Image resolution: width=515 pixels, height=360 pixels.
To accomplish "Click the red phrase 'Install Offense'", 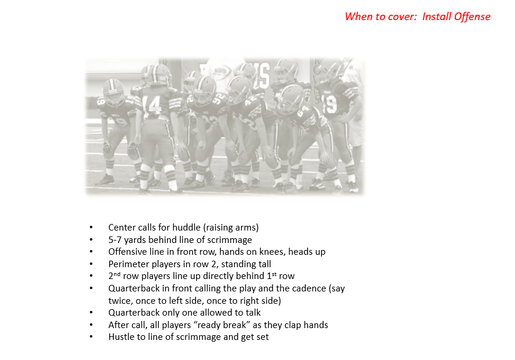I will coord(456,17).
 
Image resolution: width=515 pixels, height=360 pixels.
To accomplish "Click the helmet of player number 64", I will coord(291,96).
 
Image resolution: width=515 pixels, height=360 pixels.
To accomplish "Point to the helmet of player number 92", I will coord(205,87).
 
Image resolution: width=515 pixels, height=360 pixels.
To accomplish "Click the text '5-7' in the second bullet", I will coord(115,239).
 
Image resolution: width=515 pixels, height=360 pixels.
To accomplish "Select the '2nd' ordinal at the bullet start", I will coord(115,276).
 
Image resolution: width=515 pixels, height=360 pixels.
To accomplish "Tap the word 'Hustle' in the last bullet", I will coord(122,337).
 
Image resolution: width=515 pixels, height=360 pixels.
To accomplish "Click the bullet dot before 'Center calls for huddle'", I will coord(91,228).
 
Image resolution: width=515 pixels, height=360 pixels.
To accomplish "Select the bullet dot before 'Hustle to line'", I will coord(91,337).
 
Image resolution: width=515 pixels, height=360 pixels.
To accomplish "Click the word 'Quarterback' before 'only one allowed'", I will coord(133,312).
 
